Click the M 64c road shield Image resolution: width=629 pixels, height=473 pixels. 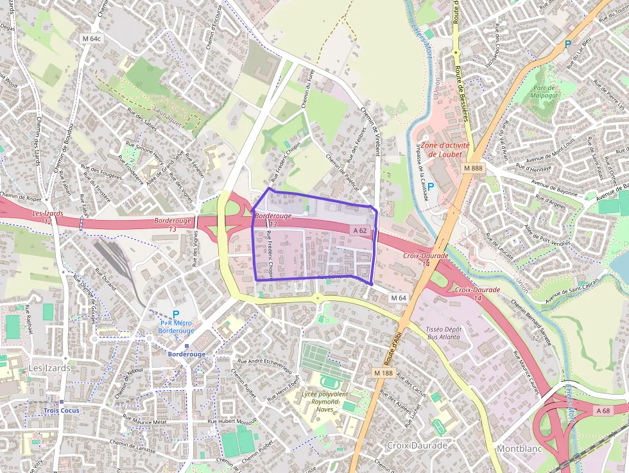point(92,39)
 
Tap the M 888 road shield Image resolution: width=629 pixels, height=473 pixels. point(472,168)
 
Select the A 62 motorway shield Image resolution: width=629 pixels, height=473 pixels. point(359,230)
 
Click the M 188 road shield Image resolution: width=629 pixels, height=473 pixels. point(383,372)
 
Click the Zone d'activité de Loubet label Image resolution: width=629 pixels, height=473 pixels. point(445,150)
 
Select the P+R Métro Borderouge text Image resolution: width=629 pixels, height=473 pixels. point(175,327)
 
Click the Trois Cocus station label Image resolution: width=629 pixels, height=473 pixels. point(62,410)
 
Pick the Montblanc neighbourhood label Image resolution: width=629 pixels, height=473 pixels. point(519,449)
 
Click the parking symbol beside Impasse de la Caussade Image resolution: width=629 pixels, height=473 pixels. point(431,187)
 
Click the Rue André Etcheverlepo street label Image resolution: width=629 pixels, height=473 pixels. point(265,365)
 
